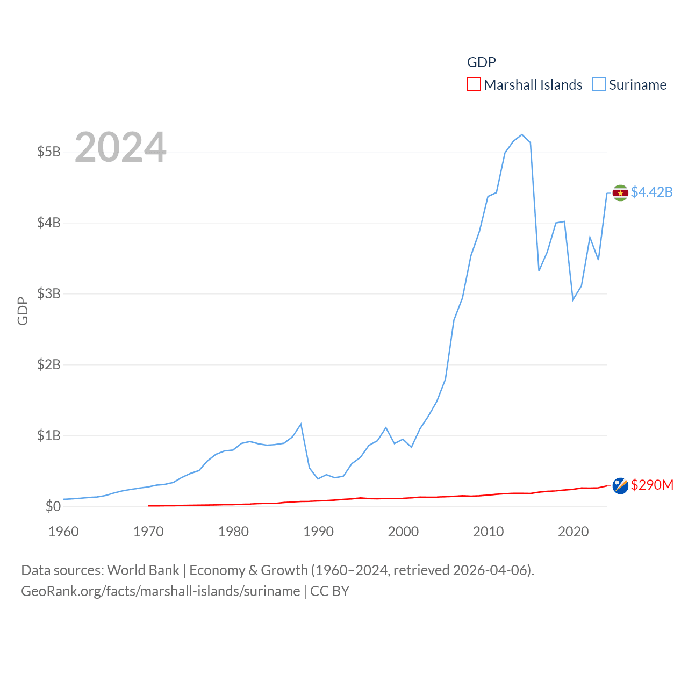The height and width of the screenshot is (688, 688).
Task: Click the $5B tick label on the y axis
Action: tap(48, 152)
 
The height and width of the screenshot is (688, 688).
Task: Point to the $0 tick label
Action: tap(53, 506)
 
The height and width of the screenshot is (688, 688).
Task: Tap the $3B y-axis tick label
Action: tap(48, 293)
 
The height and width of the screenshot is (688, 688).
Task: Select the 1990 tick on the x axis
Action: tap(318, 532)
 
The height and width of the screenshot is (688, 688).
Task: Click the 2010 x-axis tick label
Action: tap(488, 532)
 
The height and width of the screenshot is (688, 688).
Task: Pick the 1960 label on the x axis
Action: tap(63, 532)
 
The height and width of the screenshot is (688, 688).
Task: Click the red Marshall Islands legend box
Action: tap(474, 84)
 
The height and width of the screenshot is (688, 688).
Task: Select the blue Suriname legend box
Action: tap(599, 84)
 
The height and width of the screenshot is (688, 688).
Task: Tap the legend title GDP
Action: tap(481, 62)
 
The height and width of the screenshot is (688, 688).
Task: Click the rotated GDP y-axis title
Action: tap(23, 311)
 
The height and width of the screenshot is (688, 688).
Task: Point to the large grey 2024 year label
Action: tap(120, 147)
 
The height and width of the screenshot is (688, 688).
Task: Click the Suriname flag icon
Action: tap(620, 193)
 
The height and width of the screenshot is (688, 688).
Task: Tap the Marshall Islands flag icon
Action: tap(620, 485)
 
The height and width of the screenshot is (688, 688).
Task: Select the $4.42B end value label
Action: tap(651, 192)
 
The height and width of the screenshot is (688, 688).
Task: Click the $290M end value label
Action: tap(652, 485)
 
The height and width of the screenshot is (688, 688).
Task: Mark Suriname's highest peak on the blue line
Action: tap(522, 134)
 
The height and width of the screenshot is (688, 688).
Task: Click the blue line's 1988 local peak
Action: tap(301, 424)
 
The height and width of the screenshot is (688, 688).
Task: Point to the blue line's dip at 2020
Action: tap(573, 300)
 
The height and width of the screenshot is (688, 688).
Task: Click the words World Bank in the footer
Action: tap(144, 570)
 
